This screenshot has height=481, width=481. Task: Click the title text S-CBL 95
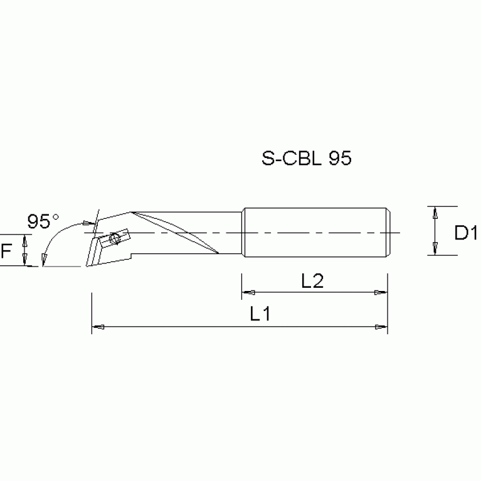[306, 158]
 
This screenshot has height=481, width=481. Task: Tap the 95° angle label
[43, 221]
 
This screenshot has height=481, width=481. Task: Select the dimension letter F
[6, 251]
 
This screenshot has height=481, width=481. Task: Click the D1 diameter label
[466, 234]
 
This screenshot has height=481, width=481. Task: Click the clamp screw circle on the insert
[114, 239]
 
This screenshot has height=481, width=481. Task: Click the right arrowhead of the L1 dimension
[381, 327]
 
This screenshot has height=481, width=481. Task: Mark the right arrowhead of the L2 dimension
[381, 292]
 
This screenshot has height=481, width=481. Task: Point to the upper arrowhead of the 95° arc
[85, 223]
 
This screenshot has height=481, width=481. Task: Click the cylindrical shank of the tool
[314, 231]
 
